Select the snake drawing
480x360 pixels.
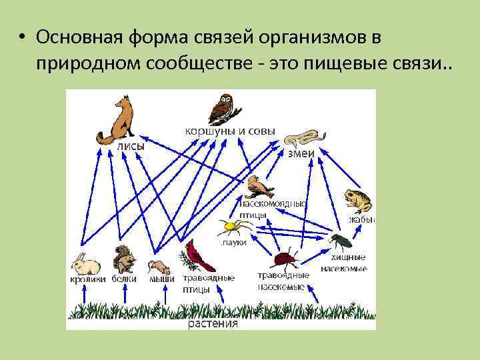(x=301, y=138)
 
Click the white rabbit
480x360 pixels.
(x=85, y=264)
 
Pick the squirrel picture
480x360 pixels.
(x=123, y=259)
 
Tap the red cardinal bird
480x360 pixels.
(x=195, y=257)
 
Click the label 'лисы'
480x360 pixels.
(x=130, y=147)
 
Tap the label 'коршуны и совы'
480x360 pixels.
(x=229, y=131)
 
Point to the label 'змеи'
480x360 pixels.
(x=301, y=153)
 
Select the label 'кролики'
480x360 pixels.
(x=87, y=279)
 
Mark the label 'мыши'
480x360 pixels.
(x=161, y=279)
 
